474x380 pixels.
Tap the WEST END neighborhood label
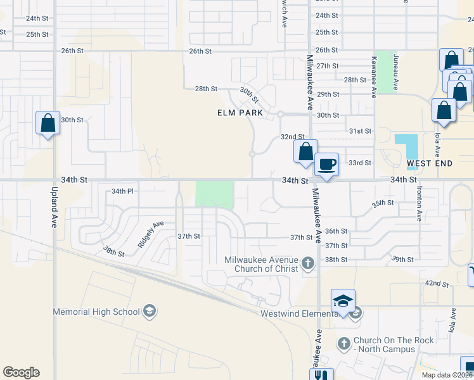430,163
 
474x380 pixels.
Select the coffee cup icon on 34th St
326,165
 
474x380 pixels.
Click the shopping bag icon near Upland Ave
48,122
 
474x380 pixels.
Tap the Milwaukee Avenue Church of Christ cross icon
308,262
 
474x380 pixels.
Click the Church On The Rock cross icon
343,344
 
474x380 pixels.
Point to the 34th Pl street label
122,191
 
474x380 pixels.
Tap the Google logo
21,372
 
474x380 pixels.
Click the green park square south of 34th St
214,194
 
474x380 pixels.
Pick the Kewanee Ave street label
374,82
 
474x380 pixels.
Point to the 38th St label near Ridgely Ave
114,251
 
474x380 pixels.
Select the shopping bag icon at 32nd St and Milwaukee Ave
305,152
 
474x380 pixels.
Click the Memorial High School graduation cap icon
150,311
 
